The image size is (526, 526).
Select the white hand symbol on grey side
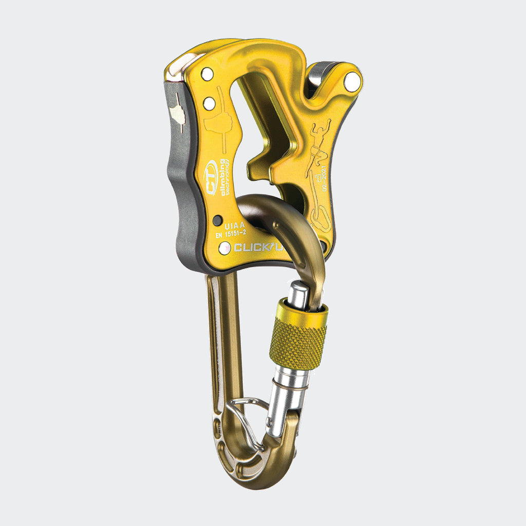[x=177, y=114]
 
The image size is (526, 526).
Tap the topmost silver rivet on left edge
[x=207, y=74]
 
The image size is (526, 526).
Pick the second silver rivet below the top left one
[x=209, y=104]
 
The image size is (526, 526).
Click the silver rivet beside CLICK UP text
[x=224, y=248]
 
